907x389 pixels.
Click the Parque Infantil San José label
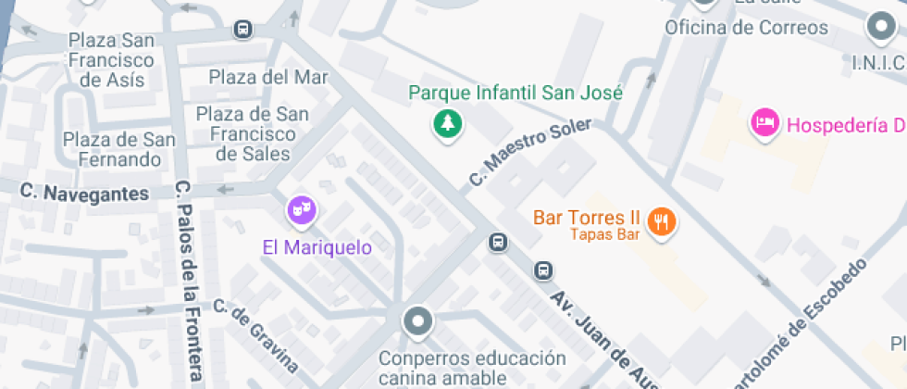click(516, 93)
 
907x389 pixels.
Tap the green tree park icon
click(449, 124)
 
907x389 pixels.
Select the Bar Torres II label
click(587, 218)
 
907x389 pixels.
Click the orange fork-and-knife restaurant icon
click(661, 221)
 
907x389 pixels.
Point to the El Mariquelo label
click(317, 247)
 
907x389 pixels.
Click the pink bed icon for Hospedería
click(764, 122)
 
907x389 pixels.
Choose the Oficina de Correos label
click(746, 27)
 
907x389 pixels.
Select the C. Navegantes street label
click(84, 194)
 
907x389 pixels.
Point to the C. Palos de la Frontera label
click(189, 282)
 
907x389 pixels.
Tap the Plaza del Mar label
click(268, 77)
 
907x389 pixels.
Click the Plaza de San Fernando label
click(118, 150)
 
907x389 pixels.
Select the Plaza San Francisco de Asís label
click(112, 60)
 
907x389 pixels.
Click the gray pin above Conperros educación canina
click(418, 321)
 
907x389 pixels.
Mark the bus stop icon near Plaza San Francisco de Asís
click(242, 30)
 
